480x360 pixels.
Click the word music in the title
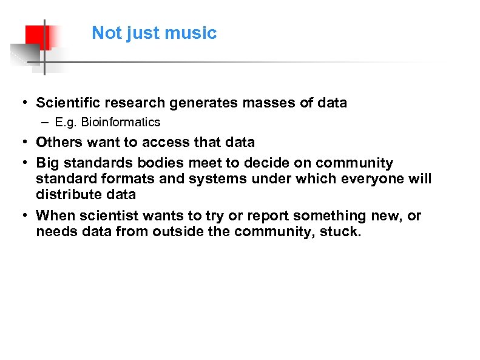click(195, 33)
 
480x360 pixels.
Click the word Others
click(57, 143)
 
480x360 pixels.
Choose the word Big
click(48, 163)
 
